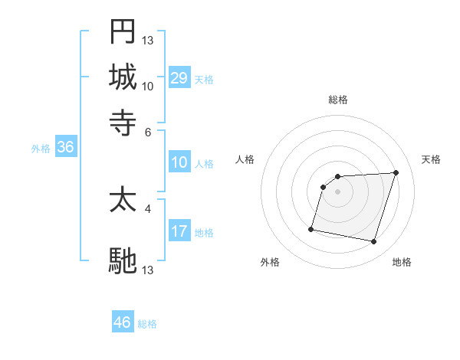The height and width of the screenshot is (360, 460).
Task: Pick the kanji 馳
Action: [123, 260]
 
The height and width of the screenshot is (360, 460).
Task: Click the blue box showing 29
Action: [179, 78]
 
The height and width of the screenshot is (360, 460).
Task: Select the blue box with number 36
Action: [65, 147]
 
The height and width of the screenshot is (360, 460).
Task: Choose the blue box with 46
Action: [123, 322]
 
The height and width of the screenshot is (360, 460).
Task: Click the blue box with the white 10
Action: [179, 162]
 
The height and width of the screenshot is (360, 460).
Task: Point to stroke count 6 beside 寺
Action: [148, 131]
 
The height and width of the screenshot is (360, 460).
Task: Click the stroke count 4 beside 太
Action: [148, 207]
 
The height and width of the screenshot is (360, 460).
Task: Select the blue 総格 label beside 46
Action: [147, 324]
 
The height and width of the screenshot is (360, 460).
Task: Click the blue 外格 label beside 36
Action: [41, 149]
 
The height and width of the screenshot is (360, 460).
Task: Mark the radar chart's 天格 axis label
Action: [431, 159]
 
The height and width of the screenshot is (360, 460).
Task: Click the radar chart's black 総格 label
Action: [337, 100]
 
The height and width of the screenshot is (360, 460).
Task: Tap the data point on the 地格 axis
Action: [373, 242]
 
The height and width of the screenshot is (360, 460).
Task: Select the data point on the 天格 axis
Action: [396, 172]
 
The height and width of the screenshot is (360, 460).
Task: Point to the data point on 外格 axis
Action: [311, 228]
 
